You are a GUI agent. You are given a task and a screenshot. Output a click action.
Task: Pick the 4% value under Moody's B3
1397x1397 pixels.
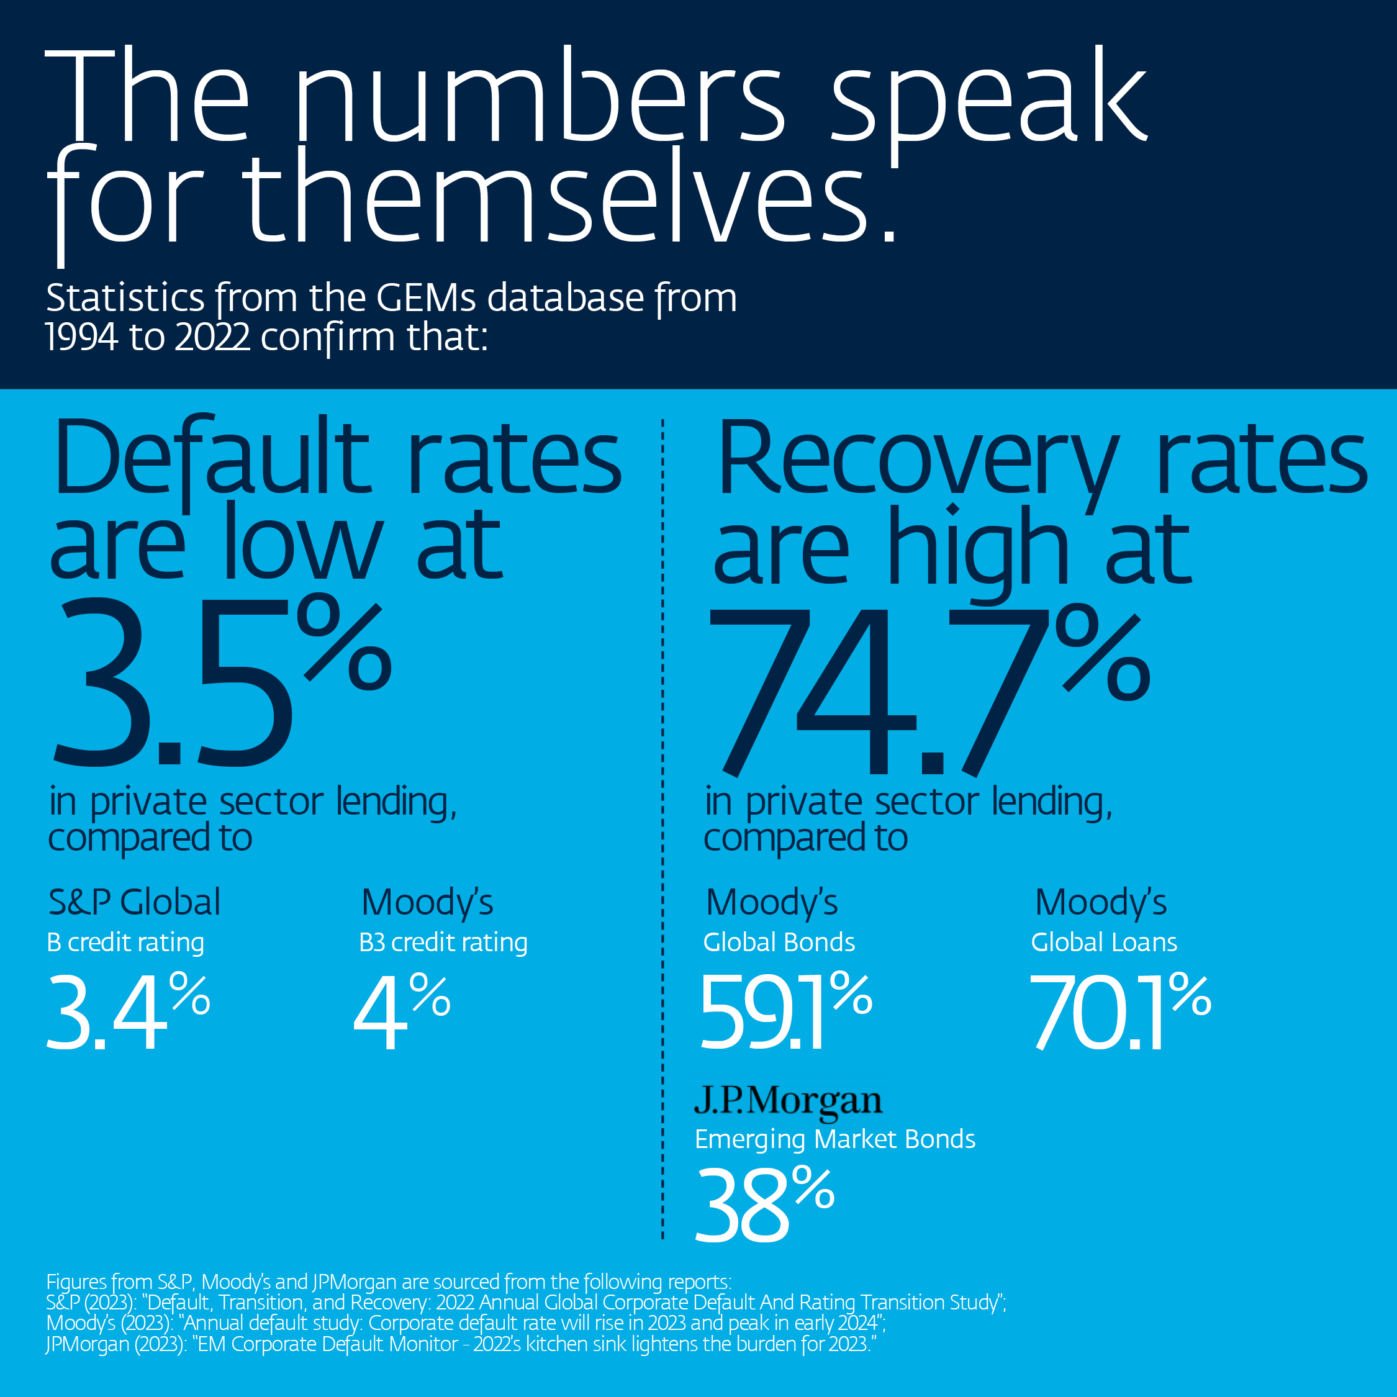click(x=401, y=1011)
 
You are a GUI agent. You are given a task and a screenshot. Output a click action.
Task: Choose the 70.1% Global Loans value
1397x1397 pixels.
click(x=1119, y=1011)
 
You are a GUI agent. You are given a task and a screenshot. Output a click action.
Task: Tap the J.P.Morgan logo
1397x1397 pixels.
click(x=788, y=1101)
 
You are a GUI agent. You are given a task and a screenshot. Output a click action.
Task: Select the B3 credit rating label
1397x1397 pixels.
click(x=443, y=942)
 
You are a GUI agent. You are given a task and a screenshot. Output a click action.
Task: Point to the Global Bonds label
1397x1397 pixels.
click(x=779, y=942)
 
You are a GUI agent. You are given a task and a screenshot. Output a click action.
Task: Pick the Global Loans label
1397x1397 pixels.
click(x=1104, y=942)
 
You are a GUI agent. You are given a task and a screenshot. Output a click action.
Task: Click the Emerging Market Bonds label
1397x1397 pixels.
click(x=835, y=1139)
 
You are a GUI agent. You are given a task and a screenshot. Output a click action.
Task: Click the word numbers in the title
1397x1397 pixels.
click(x=539, y=97)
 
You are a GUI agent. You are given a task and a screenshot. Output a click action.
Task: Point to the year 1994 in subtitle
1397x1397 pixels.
click(x=81, y=337)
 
